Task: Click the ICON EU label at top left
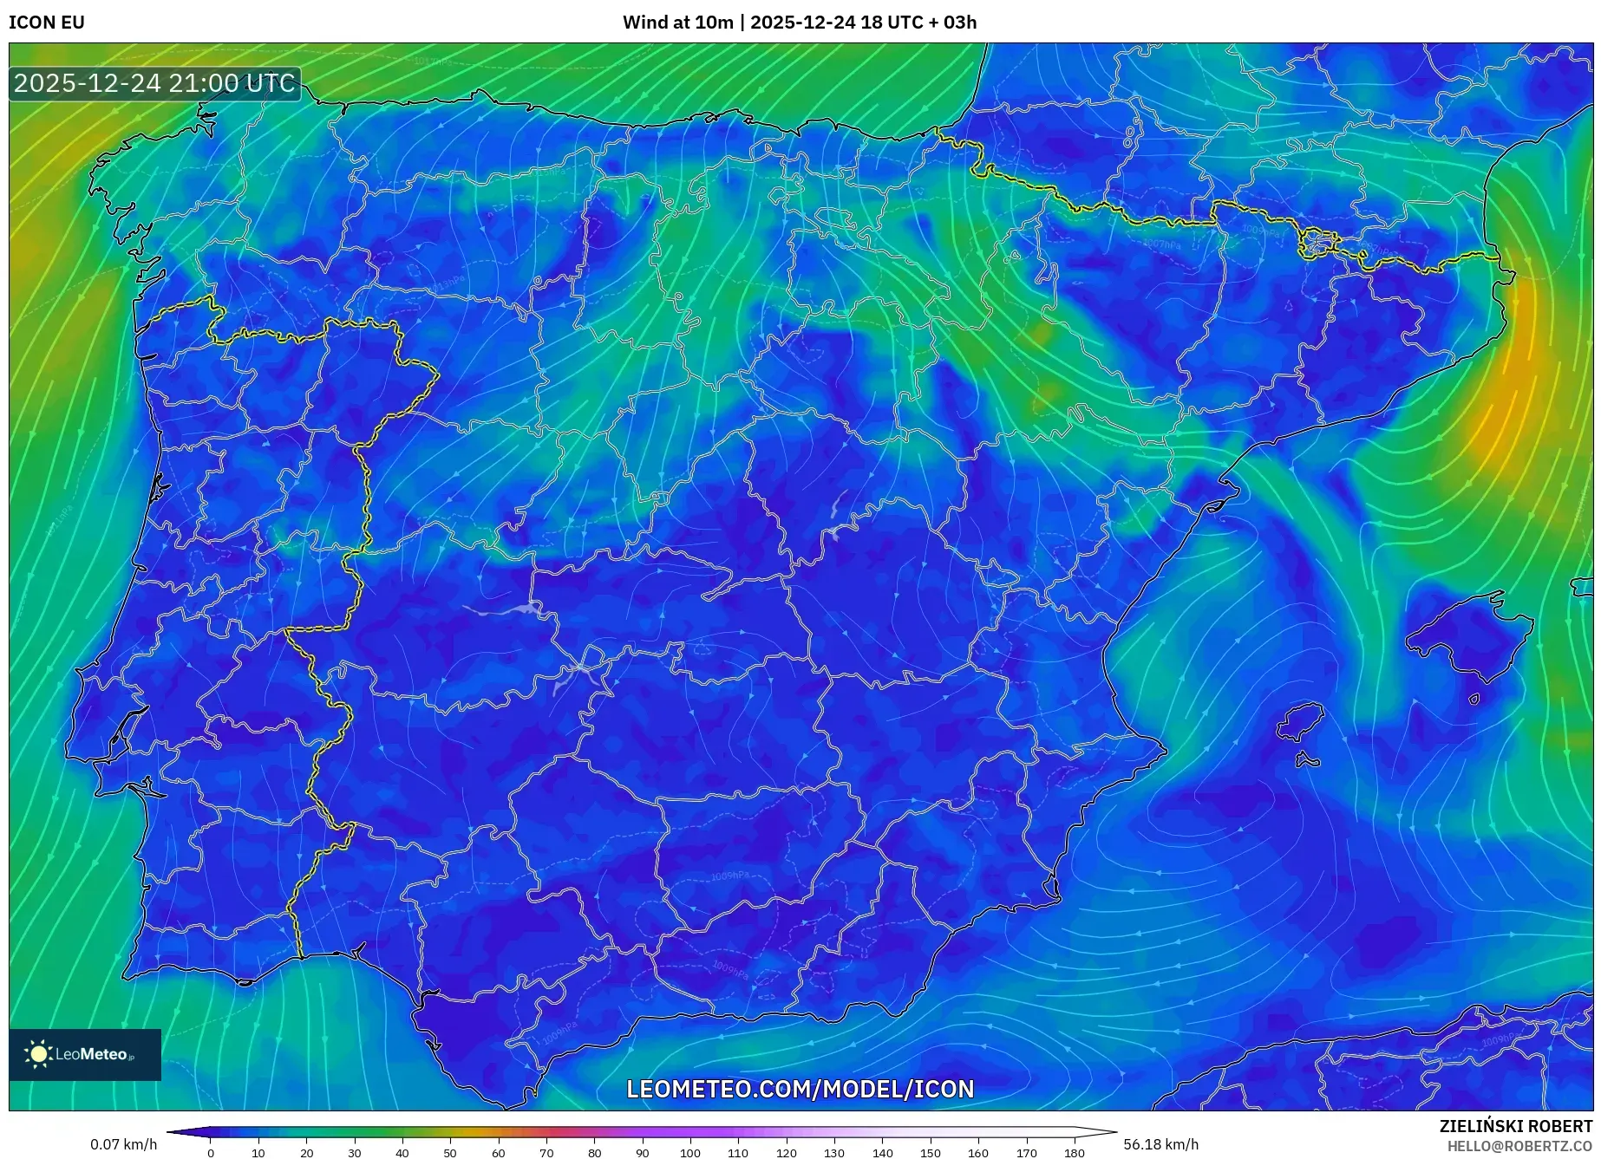coord(47,23)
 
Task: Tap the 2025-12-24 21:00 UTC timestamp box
coord(154,84)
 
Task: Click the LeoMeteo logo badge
coord(85,1054)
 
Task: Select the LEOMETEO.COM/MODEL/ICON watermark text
coord(800,1089)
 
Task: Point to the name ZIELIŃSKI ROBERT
coord(1515,1127)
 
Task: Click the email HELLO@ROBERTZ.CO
coord(1519,1146)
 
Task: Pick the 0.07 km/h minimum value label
coord(124,1144)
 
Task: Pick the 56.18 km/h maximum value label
coord(1160,1144)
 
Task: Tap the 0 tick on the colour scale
coord(210,1153)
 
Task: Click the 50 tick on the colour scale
coord(450,1153)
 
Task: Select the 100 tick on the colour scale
coord(689,1153)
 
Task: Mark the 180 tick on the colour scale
coord(1074,1153)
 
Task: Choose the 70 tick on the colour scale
coord(546,1153)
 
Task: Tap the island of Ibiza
coord(1301,721)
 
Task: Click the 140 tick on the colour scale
coord(882,1153)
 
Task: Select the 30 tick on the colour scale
coord(354,1153)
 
